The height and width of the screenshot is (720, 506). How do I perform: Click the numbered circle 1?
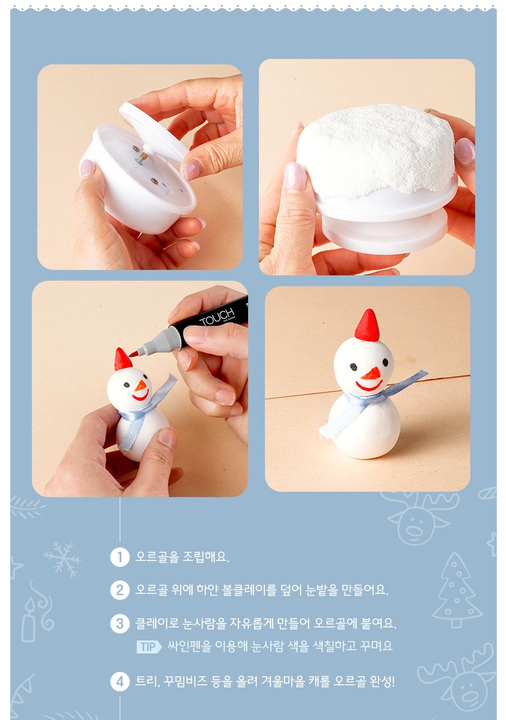[x=119, y=557]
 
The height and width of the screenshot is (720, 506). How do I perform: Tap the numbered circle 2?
[x=119, y=590]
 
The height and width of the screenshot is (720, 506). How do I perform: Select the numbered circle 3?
[x=119, y=624]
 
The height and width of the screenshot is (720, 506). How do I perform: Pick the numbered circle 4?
[x=119, y=682]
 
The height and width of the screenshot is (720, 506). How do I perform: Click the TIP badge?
[x=149, y=646]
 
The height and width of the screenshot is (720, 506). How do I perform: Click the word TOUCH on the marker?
[x=217, y=316]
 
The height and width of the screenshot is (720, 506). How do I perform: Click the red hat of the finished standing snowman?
[x=367, y=326]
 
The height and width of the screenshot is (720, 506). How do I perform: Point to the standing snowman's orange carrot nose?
[x=371, y=374]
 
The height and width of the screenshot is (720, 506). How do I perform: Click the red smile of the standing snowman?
[x=369, y=385]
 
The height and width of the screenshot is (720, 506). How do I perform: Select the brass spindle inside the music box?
[x=142, y=158]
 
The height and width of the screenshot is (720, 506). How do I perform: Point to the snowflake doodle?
[x=62, y=559]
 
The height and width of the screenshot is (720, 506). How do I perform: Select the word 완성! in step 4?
[x=382, y=681]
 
